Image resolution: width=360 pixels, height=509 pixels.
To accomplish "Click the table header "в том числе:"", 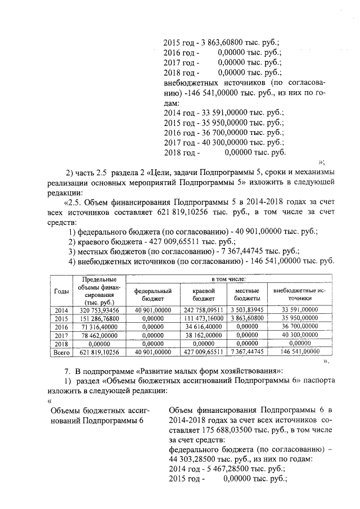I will click(228, 279).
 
